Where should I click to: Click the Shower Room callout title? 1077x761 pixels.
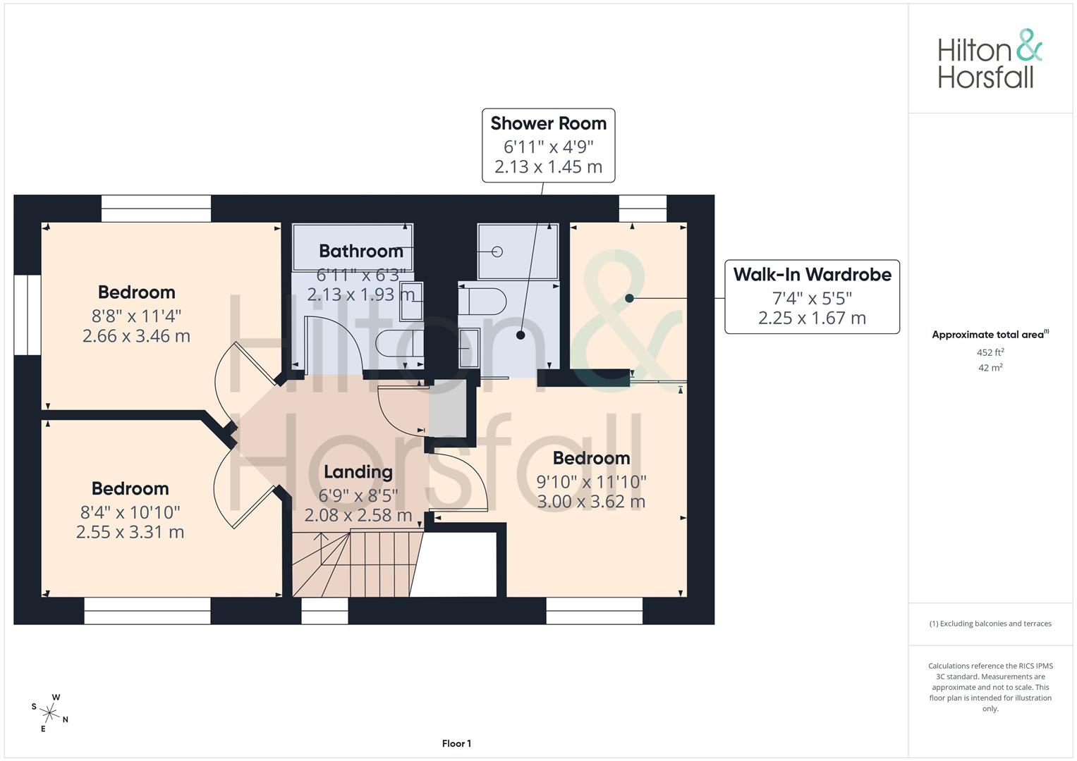point(548,123)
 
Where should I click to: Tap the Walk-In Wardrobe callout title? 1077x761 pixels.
point(812,274)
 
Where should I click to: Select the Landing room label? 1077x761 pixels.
point(358,472)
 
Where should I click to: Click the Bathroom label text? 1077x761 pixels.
point(361,251)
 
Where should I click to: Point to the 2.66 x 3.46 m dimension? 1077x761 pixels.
point(137,336)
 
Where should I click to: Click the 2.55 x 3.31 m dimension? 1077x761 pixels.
point(130,532)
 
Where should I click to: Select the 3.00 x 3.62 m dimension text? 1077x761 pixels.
point(591,502)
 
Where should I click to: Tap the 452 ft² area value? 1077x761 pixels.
point(990,352)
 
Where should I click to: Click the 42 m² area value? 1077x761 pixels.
point(990,368)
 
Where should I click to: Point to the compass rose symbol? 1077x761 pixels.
point(49,713)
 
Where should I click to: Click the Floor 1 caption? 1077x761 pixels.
point(456,743)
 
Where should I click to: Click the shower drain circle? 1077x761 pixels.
point(497,252)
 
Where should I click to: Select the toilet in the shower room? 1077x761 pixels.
point(482,302)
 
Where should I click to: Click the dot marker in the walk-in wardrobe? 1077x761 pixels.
point(629,298)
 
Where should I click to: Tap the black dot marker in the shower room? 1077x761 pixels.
point(521,335)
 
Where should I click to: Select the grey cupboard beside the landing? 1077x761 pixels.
point(448,409)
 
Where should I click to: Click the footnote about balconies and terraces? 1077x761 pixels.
point(990,624)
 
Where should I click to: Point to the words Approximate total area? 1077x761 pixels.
point(988,335)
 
